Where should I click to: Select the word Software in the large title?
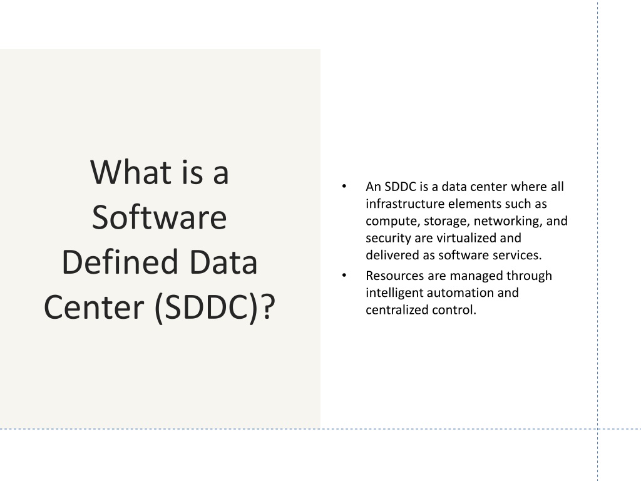160,217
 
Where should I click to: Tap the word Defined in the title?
120,261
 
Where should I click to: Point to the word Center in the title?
94,307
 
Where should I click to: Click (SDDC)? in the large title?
215,308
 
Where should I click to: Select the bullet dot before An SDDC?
344,187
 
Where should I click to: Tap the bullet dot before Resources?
344,276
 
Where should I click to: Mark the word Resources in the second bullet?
395,276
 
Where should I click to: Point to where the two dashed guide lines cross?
598,429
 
